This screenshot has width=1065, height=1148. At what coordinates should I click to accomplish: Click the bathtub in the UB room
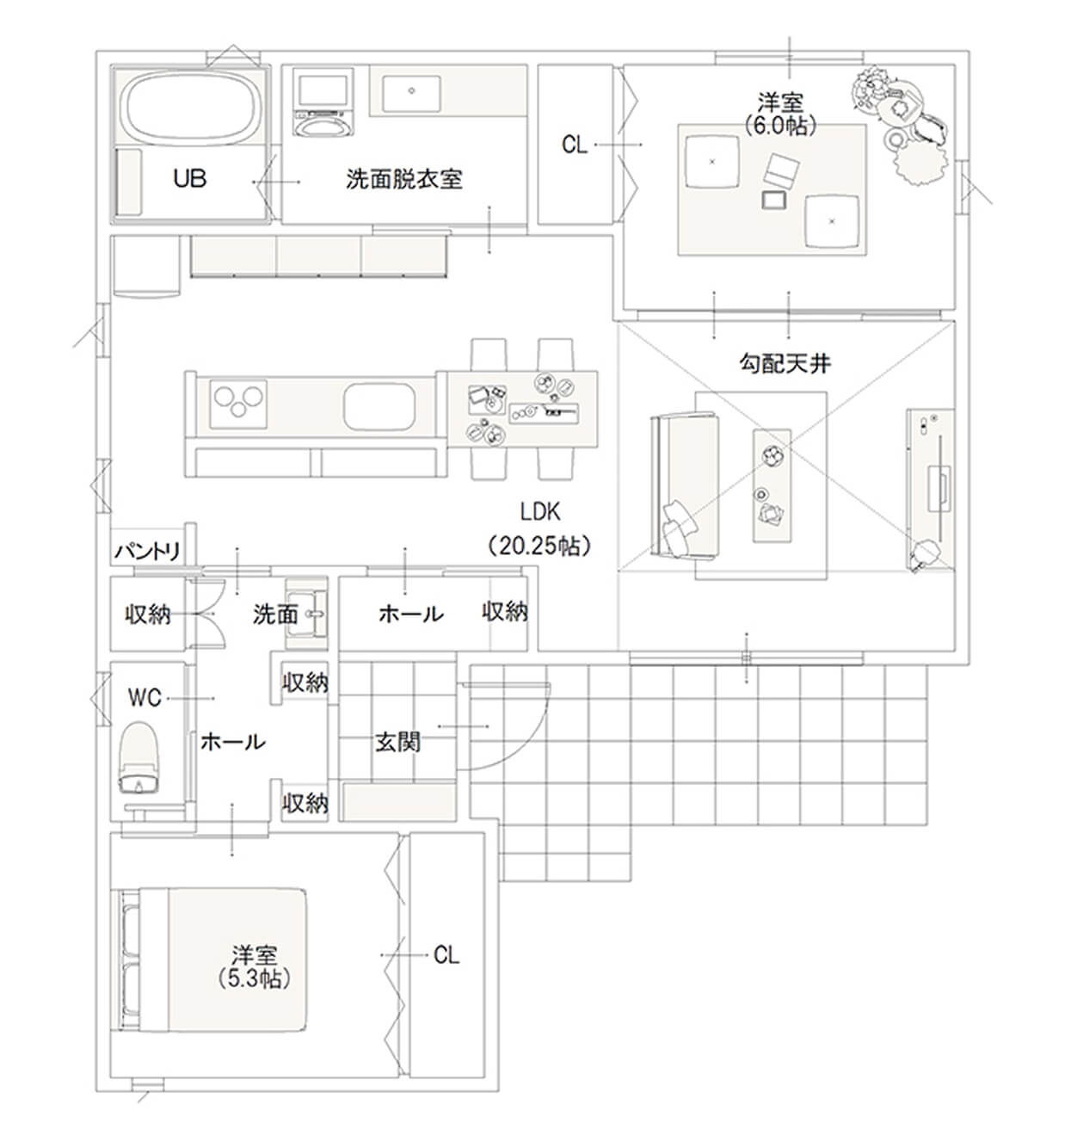tap(189, 108)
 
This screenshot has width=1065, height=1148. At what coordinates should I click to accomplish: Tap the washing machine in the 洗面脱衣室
tap(323, 103)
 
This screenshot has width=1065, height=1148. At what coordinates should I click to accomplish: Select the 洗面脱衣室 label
tap(404, 179)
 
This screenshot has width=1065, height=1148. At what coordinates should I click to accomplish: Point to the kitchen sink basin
tap(379, 406)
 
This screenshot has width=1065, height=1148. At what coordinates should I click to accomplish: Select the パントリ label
tap(148, 552)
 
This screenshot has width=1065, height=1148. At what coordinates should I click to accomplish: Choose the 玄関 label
tap(397, 742)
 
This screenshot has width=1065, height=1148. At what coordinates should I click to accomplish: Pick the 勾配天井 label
tap(785, 364)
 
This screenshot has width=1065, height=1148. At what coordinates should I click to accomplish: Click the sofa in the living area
tap(685, 485)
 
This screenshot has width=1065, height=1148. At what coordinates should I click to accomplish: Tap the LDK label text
tap(539, 511)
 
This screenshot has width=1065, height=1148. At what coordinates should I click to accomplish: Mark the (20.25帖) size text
tap(539, 545)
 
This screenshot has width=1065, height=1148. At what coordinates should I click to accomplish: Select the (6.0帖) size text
tap(780, 125)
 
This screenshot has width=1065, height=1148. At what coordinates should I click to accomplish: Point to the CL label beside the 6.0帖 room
tap(574, 145)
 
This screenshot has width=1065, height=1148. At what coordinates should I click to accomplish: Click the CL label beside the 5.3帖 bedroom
tap(446, 955)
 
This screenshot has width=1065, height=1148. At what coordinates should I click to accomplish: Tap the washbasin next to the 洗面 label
tap(307, 614)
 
